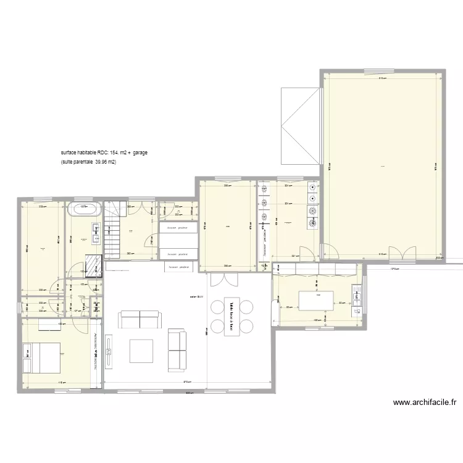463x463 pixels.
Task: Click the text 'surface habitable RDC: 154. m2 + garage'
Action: (104, 152)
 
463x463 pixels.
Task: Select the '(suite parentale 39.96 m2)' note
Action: (89, 162)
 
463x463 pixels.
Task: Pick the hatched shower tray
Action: (92, 264)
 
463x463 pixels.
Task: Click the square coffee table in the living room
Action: (141, 350)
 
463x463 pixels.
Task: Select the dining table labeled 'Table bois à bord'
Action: (231, 316)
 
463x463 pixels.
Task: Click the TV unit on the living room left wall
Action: (108, 352)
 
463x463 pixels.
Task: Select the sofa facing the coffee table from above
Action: (139, 319)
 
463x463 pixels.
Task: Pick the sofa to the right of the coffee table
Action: (177, 351)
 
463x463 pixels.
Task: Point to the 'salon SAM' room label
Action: (197, 297)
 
